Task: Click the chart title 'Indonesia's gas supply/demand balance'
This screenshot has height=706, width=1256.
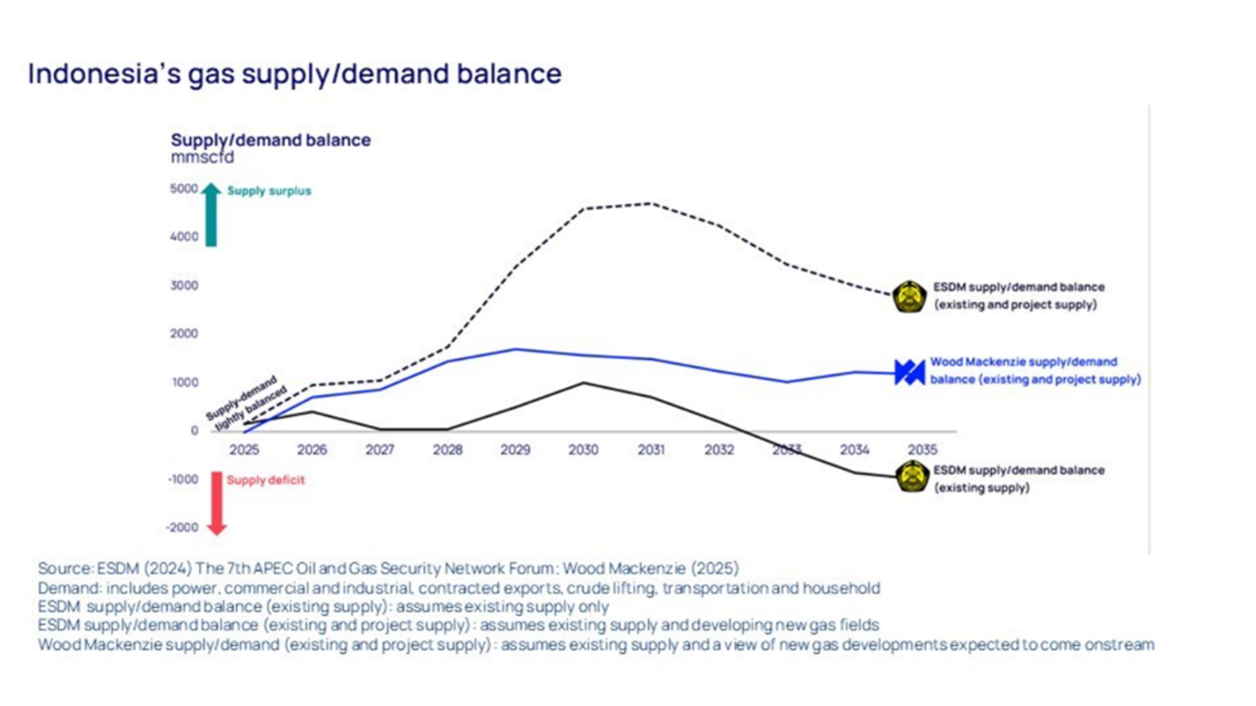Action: coord(294,73)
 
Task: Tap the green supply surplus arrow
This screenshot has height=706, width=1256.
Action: coord(211,214)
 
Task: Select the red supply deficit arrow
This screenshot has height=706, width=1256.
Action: coord(217,503)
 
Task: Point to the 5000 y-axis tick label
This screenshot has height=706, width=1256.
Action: coord(184,188)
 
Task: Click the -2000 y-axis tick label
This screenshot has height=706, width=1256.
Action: coord(183,527)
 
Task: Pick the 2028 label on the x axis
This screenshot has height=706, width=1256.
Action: coord(447,450)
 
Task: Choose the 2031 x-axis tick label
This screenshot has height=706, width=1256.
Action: coord(651,450)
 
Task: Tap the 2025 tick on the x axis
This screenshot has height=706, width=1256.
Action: coord(244,450)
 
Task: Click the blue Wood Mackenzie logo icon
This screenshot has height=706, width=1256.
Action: coord(909,372)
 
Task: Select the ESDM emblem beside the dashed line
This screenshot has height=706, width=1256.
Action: coord(909,296)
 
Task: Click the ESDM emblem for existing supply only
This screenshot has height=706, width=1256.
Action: coord(911,477)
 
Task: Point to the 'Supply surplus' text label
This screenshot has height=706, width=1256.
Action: coord(269,191)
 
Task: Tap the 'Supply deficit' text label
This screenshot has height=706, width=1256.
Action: coord(266,480)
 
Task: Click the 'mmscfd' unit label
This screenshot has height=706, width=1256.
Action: coord(202,158)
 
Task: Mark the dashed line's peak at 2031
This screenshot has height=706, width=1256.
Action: coord(651,204)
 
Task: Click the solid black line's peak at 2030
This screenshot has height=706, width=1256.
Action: coord(583,383)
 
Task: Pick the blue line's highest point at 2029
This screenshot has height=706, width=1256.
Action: coord(516,350)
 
